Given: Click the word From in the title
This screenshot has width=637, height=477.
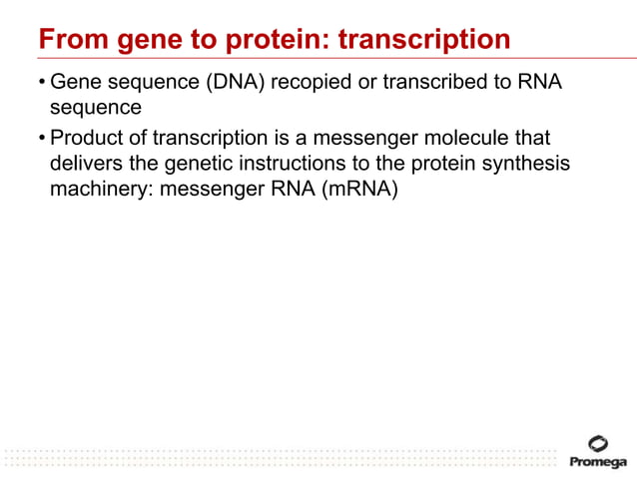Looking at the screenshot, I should pos(68,40).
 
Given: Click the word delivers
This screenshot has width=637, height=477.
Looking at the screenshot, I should pos(86,164).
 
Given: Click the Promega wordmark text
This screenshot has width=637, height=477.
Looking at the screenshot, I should pos(598,462).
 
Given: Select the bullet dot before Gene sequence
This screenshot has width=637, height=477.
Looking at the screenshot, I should pos(42,82).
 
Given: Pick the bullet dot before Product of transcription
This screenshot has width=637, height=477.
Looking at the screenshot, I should pos(42,137).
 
